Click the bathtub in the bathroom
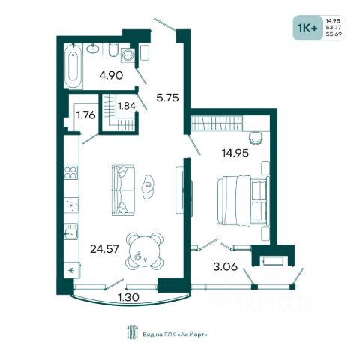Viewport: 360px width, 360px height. point(73,66)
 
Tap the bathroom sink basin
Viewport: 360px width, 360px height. point(93,49)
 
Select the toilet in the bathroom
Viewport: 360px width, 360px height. point(113,49)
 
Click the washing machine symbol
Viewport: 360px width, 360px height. point(127,55)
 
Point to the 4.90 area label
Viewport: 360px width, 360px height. point(111,75)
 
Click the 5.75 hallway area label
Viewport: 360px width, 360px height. point(167,97)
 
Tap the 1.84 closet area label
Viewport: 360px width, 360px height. point(127,106)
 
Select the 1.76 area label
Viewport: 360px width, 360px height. point(85,115)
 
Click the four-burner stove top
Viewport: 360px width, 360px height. point(70,172)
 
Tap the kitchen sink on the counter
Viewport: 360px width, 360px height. point(70,232)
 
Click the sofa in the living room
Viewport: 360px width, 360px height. point(123,190)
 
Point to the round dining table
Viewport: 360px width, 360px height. point(144,251)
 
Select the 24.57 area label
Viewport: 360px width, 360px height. point(104,249)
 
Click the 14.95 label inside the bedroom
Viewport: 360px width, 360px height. point(235,153)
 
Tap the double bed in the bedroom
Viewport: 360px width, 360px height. point(243,201)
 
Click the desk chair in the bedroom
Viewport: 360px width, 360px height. point(256,138)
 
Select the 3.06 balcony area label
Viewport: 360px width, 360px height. point(226,267)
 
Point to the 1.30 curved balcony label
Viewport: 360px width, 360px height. point(128,297)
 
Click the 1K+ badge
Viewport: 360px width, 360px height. point(307,28)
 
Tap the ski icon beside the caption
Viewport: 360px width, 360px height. point(132,331)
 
